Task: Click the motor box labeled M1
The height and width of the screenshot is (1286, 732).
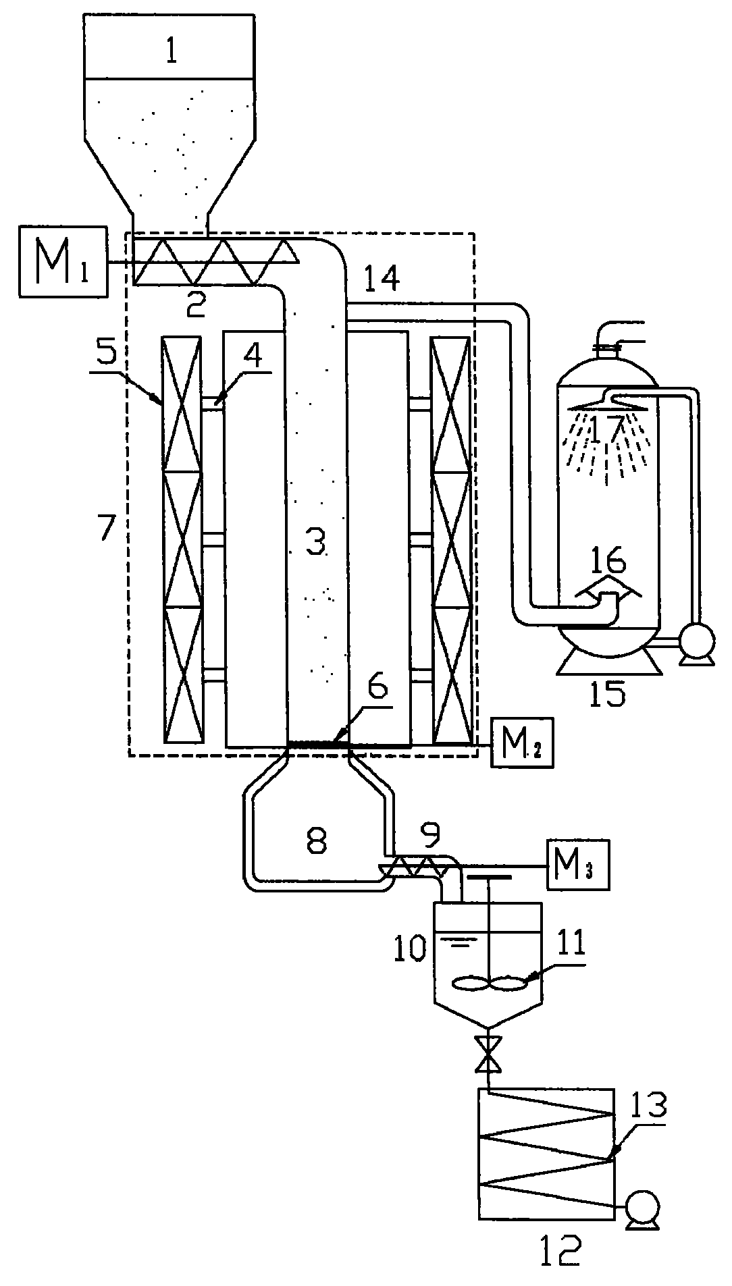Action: [63, 261]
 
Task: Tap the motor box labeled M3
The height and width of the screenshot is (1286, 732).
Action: [579, 864]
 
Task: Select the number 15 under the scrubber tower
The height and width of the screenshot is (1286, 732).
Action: [607, 693]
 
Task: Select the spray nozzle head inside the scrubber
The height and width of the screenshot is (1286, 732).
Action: [607, 406]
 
